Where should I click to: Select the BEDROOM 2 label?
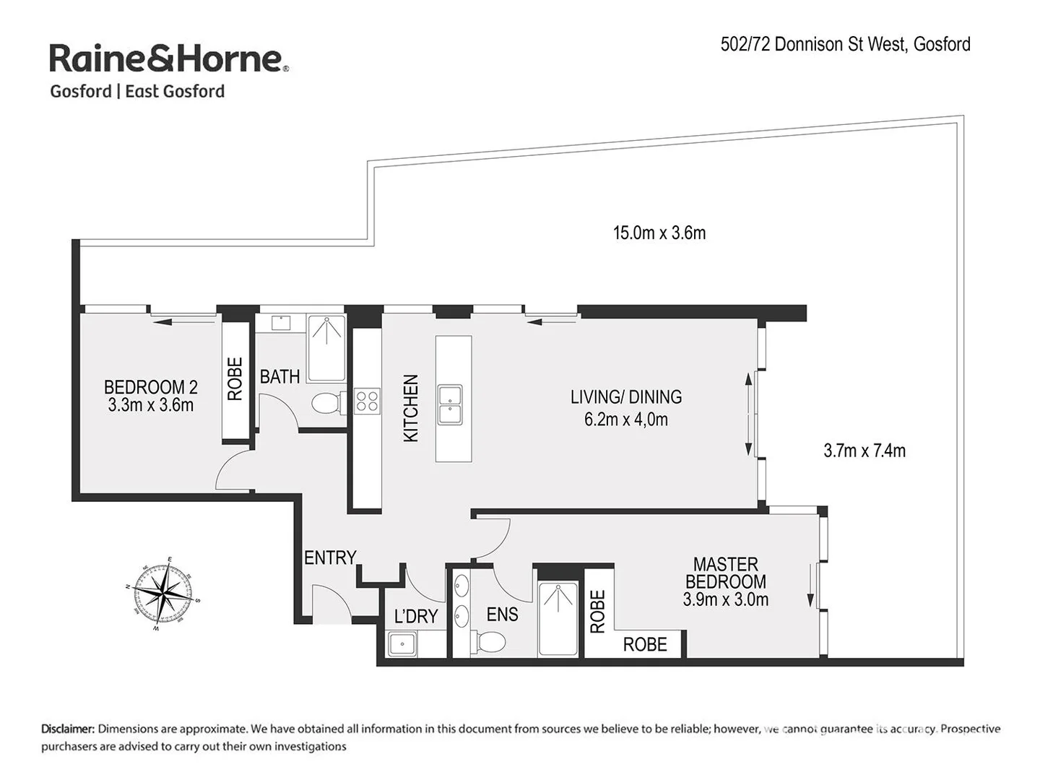(150, 396)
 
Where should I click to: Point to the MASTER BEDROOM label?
(725, 581)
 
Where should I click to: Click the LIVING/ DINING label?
(626, 407)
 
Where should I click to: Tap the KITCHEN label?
(410, 408)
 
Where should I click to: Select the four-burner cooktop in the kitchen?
(368, 400)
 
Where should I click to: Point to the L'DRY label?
(416, 616)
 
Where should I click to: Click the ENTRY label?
(330, 558)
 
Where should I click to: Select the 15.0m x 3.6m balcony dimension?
(659, 233)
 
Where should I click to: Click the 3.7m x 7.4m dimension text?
(864, 451)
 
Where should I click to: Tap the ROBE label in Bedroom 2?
(235, 378)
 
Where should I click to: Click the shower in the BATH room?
(326, 348)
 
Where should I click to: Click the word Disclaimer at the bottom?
(68, 729)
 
